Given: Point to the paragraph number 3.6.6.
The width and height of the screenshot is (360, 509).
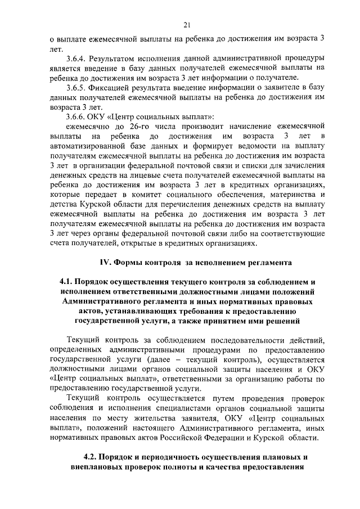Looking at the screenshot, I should coord(76,117).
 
